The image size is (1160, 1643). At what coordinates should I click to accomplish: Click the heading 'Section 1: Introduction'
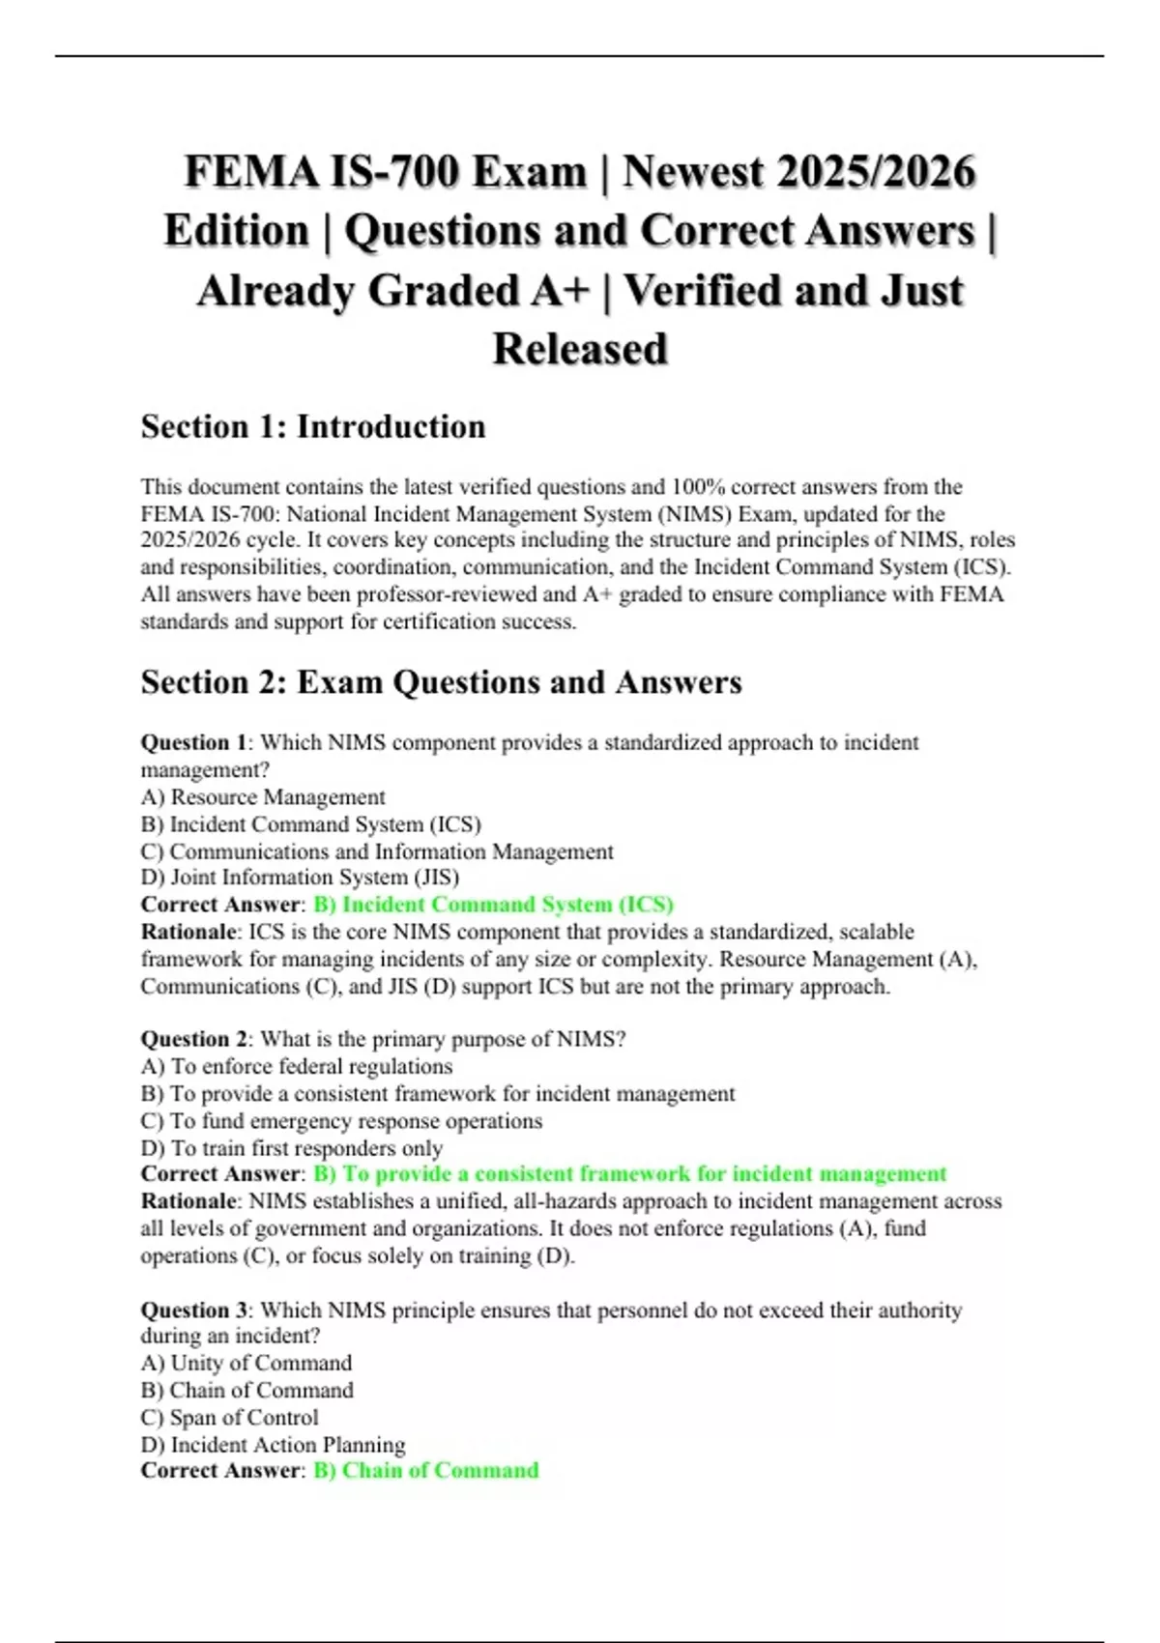coord(312,426)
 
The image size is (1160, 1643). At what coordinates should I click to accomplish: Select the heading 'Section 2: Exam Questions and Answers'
coord(441,682)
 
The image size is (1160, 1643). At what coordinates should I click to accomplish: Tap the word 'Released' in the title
coord(580,349)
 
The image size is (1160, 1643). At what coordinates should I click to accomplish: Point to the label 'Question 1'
coord(193,743)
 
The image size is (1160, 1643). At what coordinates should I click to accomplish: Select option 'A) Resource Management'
coord(263,797)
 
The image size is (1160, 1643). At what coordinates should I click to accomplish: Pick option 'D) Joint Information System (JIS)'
coord(300,878)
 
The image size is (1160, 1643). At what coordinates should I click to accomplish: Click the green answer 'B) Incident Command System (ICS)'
coord(493,905)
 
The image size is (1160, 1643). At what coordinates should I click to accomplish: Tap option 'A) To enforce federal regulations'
coord(297,1066)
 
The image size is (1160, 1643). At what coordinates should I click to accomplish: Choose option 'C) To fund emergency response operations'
coord(341,1121)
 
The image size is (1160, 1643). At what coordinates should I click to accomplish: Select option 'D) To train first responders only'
coord(292,1148)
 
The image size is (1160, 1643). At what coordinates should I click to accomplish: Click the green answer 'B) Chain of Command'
coord(425,1470)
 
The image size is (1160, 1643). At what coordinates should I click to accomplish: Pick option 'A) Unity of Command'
coord(246,1363)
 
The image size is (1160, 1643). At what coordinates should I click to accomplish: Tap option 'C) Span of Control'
coord(229,1418)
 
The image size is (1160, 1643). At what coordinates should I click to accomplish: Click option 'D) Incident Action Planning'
coord(273,1445)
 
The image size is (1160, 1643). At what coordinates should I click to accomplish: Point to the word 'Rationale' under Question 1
coord(188,932)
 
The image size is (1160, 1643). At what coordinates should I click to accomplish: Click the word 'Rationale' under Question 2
coord(188,1201)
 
